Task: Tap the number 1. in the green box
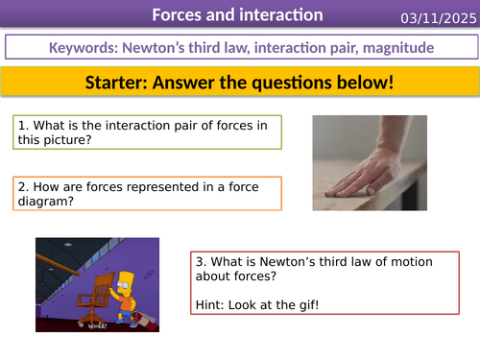click(x=20, y=125)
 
